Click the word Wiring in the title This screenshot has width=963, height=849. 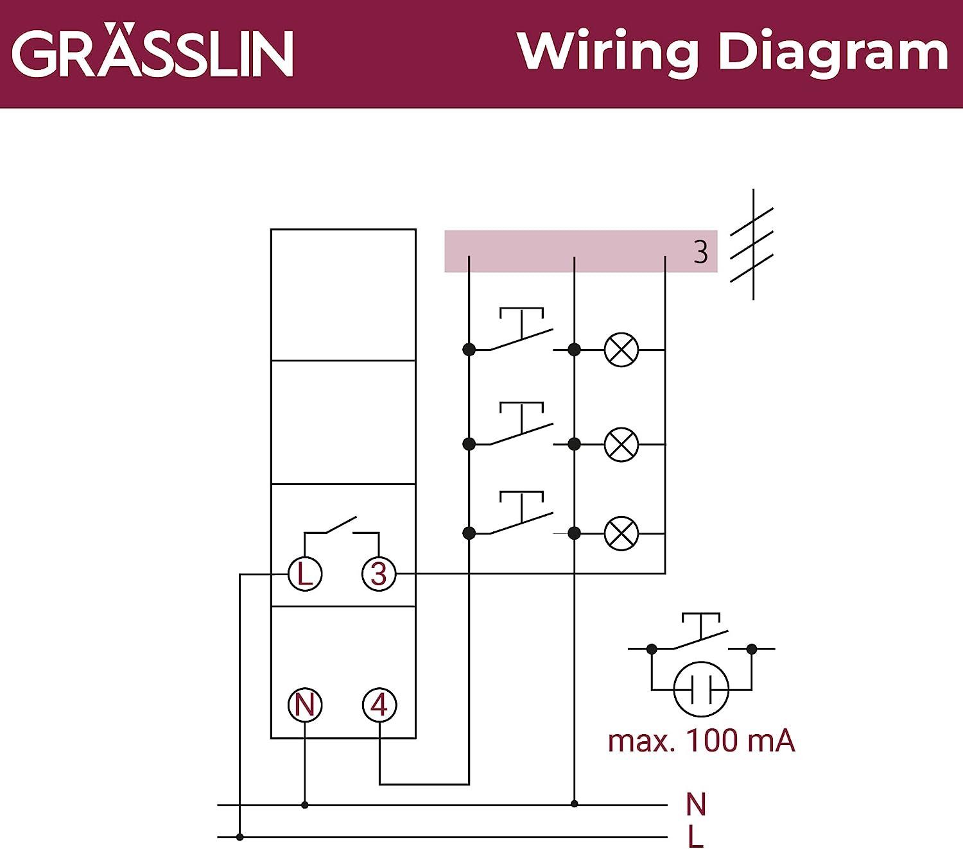pyautogui.click(x=607, y=53)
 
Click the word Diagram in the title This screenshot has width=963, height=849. pyautogui.click(x=833, y=53)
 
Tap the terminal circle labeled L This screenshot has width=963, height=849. pyautogui.click(x=304, y=574)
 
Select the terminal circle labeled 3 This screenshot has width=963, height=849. pyautogui.click(x=379, y=574)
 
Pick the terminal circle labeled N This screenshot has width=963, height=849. pyautogui.click(x=304, y=705)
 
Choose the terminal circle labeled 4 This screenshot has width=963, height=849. pyautogui.click(x=379, y=705)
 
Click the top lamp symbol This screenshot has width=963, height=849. pyautogui.click(x=621, y=350)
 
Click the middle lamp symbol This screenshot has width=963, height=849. pyautogui.click(x=621, y=444)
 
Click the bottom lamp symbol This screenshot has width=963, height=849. pyautogui.click(x=621, y=533)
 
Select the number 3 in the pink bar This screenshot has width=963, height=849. pyautogui.click(x=700, y=252)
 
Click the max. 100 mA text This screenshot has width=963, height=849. pyautogui.click(x=701, y=741)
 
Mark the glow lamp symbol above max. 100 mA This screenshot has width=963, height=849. pyautogui.click(x=701, y=689)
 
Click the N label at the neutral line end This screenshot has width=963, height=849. pyautogui.click(x=696, y=804)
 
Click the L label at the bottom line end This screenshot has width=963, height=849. pyautogui.click(x=695, y=837)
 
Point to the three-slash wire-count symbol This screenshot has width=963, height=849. pyautogui.click(x=752, y=245)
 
